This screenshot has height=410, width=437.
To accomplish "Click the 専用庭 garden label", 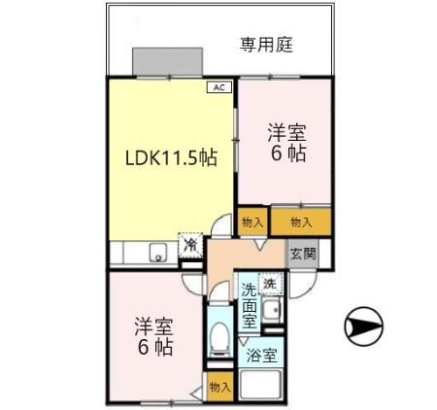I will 266,44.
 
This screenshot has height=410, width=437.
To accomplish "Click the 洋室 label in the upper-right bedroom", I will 286,132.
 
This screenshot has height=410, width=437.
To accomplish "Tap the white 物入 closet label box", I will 252,222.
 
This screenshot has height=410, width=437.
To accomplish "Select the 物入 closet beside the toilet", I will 220,387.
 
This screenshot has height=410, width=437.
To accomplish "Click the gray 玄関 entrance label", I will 302,254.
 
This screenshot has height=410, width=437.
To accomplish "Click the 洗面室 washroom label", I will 250,303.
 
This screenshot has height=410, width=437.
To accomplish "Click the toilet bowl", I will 219,339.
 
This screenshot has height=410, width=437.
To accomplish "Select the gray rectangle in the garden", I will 168,61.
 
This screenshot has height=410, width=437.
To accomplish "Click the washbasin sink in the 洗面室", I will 274,310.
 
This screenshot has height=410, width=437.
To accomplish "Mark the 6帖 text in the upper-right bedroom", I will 286,154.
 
